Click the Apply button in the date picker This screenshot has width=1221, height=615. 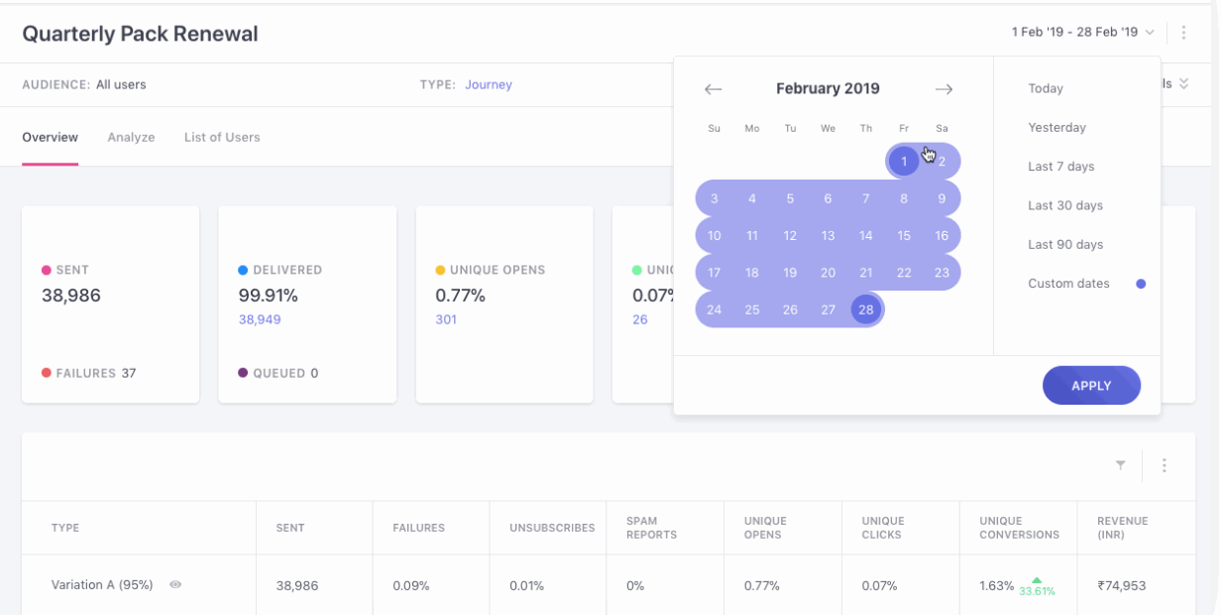1091,386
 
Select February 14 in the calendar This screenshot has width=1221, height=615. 866,236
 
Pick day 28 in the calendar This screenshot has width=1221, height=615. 866,309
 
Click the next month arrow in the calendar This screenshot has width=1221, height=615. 943,89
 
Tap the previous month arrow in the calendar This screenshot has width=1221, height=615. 713,89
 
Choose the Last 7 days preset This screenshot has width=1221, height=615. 1060,167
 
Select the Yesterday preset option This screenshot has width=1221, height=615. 1056,128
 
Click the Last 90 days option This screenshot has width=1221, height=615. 1064,245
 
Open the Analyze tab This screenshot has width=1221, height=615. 131,138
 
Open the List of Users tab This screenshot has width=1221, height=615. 222,138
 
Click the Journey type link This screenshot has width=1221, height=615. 489,85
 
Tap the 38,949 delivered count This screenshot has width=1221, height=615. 260,319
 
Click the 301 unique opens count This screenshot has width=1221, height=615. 446,319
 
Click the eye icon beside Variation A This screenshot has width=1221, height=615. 175,585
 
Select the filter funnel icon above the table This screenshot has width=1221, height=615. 1120,465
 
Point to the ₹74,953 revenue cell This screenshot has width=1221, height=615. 1121,586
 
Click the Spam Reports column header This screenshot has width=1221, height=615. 651,528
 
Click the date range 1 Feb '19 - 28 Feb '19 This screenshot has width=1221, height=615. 1074,33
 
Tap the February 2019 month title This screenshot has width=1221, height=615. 828,89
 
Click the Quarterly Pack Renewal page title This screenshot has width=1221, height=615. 140,34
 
